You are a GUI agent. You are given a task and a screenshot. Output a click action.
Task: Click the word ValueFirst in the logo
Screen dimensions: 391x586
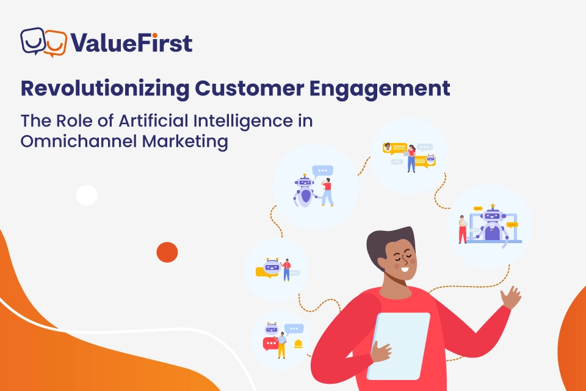(131, 43)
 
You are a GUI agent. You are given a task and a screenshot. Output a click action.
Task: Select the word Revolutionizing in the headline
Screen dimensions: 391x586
(104, 88)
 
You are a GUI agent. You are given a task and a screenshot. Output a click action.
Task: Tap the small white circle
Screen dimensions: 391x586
(87, 195)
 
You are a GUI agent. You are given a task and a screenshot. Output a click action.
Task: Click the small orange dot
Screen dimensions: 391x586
(167, 252)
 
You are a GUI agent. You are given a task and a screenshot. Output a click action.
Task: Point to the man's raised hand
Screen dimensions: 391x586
(510, 299)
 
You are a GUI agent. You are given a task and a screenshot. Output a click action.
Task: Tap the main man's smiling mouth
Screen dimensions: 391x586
(403, 272)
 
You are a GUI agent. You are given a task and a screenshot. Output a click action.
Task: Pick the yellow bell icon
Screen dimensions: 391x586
(298, 343)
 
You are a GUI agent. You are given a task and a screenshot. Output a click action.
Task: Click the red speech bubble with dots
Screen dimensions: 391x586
(270, 344)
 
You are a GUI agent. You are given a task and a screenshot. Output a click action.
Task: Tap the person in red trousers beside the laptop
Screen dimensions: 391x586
(463, 228)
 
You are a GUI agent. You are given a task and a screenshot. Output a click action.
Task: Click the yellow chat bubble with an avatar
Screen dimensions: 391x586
(394, 147)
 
